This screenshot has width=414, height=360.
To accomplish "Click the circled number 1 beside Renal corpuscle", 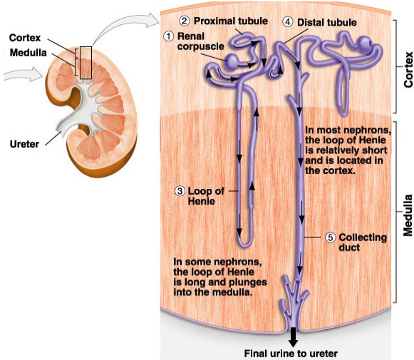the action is (x=169, y=36).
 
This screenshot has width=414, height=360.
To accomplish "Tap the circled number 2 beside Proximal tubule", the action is (x=184, y=21).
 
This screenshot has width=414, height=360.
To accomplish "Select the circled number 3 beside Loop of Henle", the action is (x=180, y=191).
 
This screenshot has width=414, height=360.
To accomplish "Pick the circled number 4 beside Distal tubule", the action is (x=288, y=22).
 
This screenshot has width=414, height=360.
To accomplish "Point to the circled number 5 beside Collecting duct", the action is (x=330, y=237).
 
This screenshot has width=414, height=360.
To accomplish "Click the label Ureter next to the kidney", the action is (x=24, y=144).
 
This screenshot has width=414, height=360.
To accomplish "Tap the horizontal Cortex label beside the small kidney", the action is (x=25, y=38).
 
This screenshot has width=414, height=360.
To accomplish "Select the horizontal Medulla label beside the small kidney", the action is (x=29, y=53).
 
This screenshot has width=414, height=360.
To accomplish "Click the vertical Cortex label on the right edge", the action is (x=408, y=70).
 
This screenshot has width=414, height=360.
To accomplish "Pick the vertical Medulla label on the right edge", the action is (x=408, y=215).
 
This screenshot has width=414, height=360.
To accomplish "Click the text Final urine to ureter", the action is (x=291, y=354).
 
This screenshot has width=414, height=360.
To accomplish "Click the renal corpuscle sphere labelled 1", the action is (x=232, y=61).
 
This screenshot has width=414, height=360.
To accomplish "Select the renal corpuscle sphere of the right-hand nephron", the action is (x=365, y=43).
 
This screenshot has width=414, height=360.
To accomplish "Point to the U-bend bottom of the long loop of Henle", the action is (x=244, y=243).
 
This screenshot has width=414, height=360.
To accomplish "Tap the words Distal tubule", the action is (x=327, y=22).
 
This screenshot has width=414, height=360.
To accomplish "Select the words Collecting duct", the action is (x=363, y=242).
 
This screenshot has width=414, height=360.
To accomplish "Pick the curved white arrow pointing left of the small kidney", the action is (x=22, y=74).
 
